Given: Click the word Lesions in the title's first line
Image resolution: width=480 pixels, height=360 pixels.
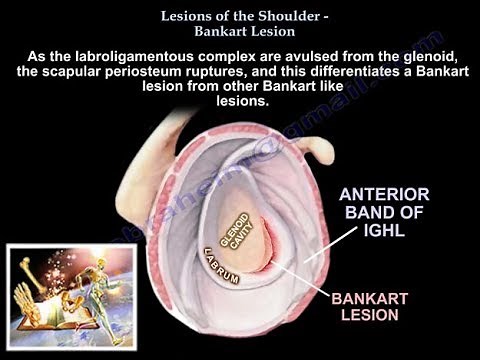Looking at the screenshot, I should pos(182,15).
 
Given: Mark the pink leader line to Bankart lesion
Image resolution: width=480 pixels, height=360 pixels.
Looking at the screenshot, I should pos(301,277).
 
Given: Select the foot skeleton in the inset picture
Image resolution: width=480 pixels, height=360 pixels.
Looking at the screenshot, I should pos(28,295).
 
